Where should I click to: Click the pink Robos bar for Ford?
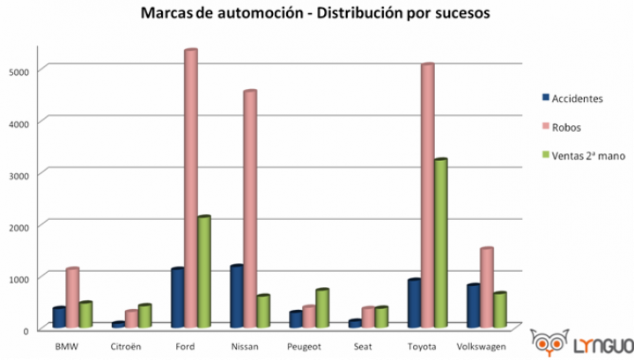pyautogui.click(x=190, y=189)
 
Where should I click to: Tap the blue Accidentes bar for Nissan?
pyautogui.click(x=236, y=297)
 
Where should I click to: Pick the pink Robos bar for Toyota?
pyautogui.click(x=427, y=196)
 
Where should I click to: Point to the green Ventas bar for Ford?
pyautogui.click(x=203, y=272)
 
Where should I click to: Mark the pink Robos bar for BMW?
pyautogui.click(x=72, y=298)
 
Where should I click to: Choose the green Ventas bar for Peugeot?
pyautogui.click(x=322, y=308)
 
